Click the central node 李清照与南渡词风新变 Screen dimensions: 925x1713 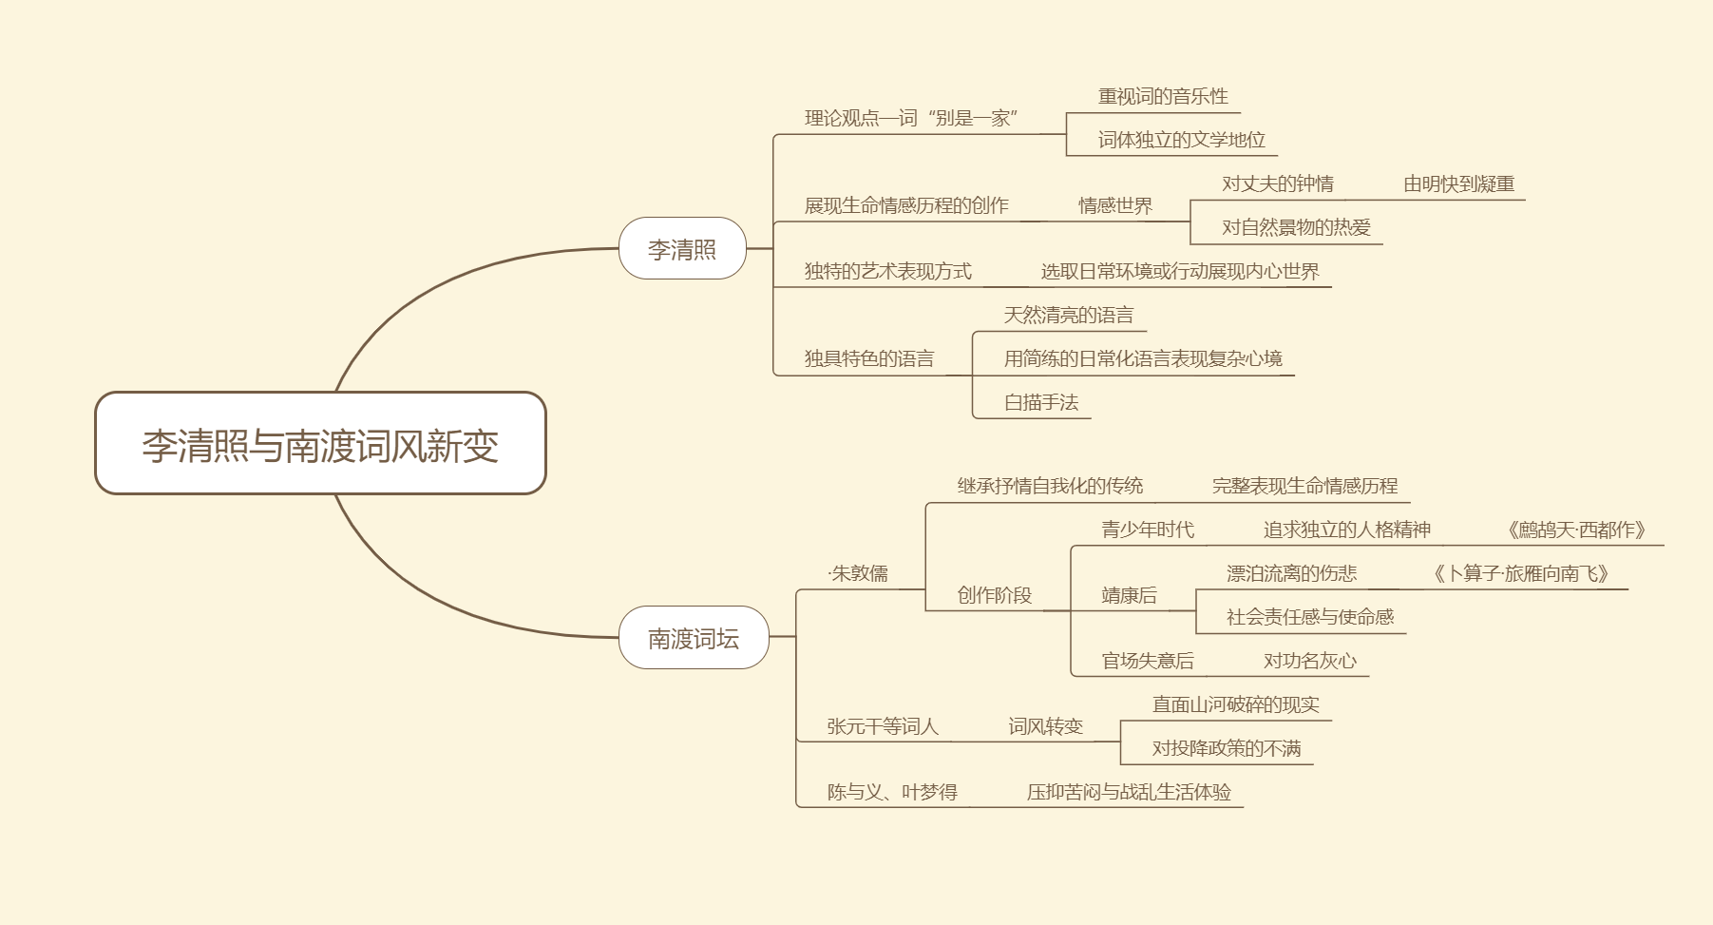(x=320, y=444)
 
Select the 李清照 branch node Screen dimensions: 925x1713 (x=682, y=249)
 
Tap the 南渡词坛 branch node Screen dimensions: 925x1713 (x=694, y=638)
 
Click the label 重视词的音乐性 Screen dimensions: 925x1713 (x=1163, y=96)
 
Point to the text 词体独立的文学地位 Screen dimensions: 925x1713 (x=1181, y=140)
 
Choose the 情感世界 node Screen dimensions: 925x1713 (x=1114, y=205)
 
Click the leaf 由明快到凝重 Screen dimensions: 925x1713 (x=1458, y=183)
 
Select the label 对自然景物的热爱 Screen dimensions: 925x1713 (x=1296, y=227)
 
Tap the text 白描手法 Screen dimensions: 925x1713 (x=1041, y=402)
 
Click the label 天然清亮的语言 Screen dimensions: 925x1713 (x=1068, y=315)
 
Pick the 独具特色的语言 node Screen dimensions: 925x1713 (x=868, y=358)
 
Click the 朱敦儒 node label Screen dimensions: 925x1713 (x=859, y=573)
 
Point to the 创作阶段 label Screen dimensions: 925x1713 (x=994, y=595)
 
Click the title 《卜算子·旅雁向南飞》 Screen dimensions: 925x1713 (x=1520, y=573)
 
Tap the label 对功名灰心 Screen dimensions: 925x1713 (x=1309, y=661)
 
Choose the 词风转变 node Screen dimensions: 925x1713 (x=1045, y=726)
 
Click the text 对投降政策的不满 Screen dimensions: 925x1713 (x=1226, y=748)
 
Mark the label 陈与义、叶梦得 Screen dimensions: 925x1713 (x=892, y=792)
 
